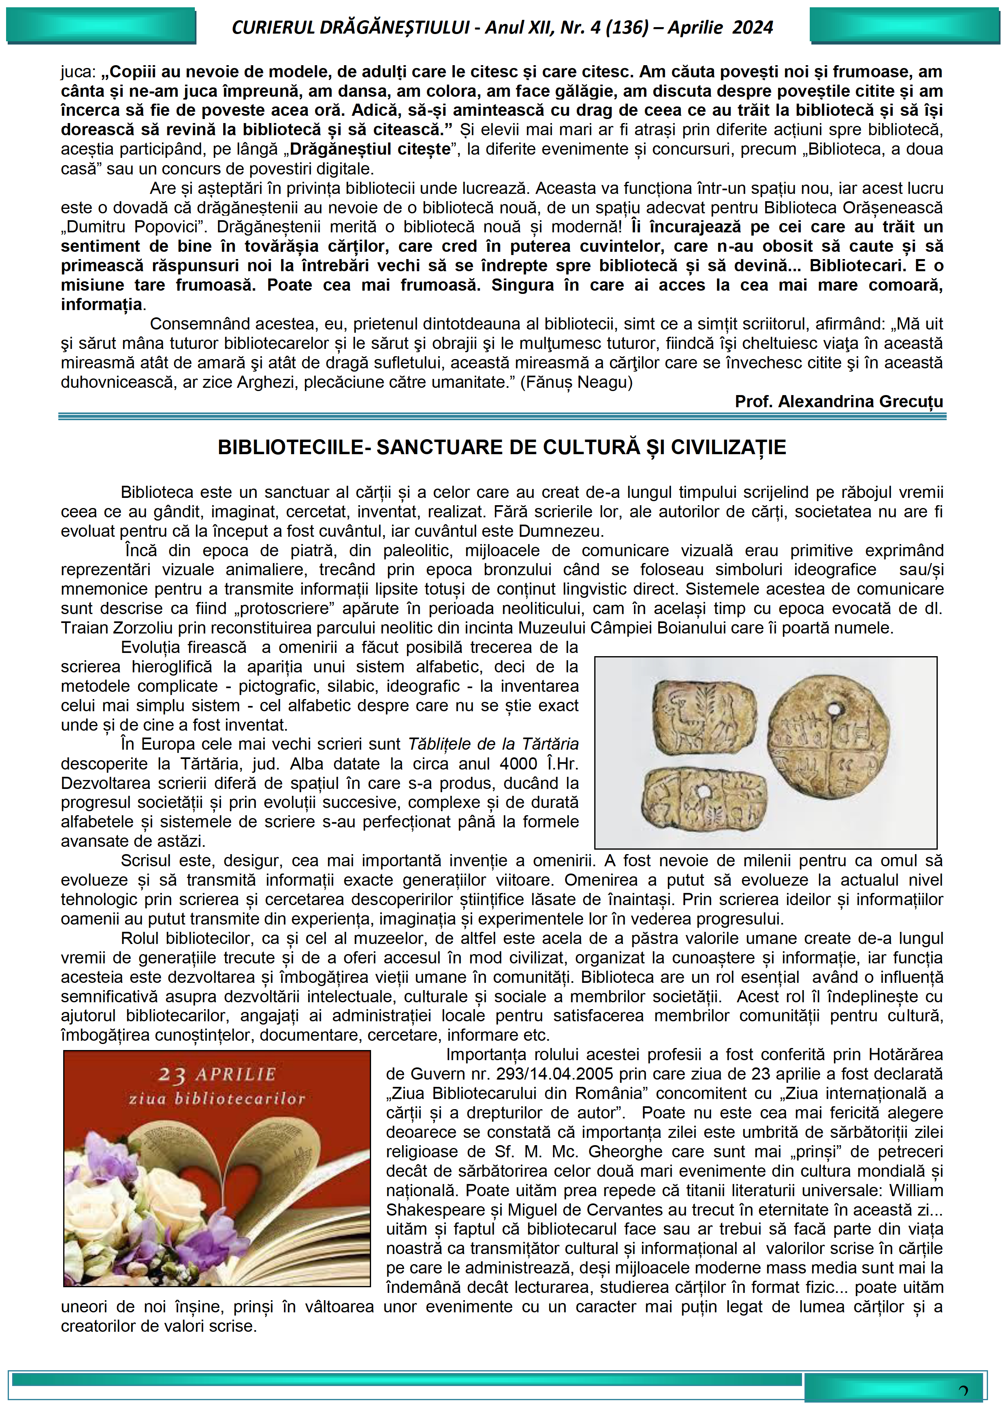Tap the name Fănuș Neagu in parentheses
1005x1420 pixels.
coord(576,382)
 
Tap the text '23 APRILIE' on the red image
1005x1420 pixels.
coord(217,1074)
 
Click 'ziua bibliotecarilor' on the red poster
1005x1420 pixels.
coord(217,1099)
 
